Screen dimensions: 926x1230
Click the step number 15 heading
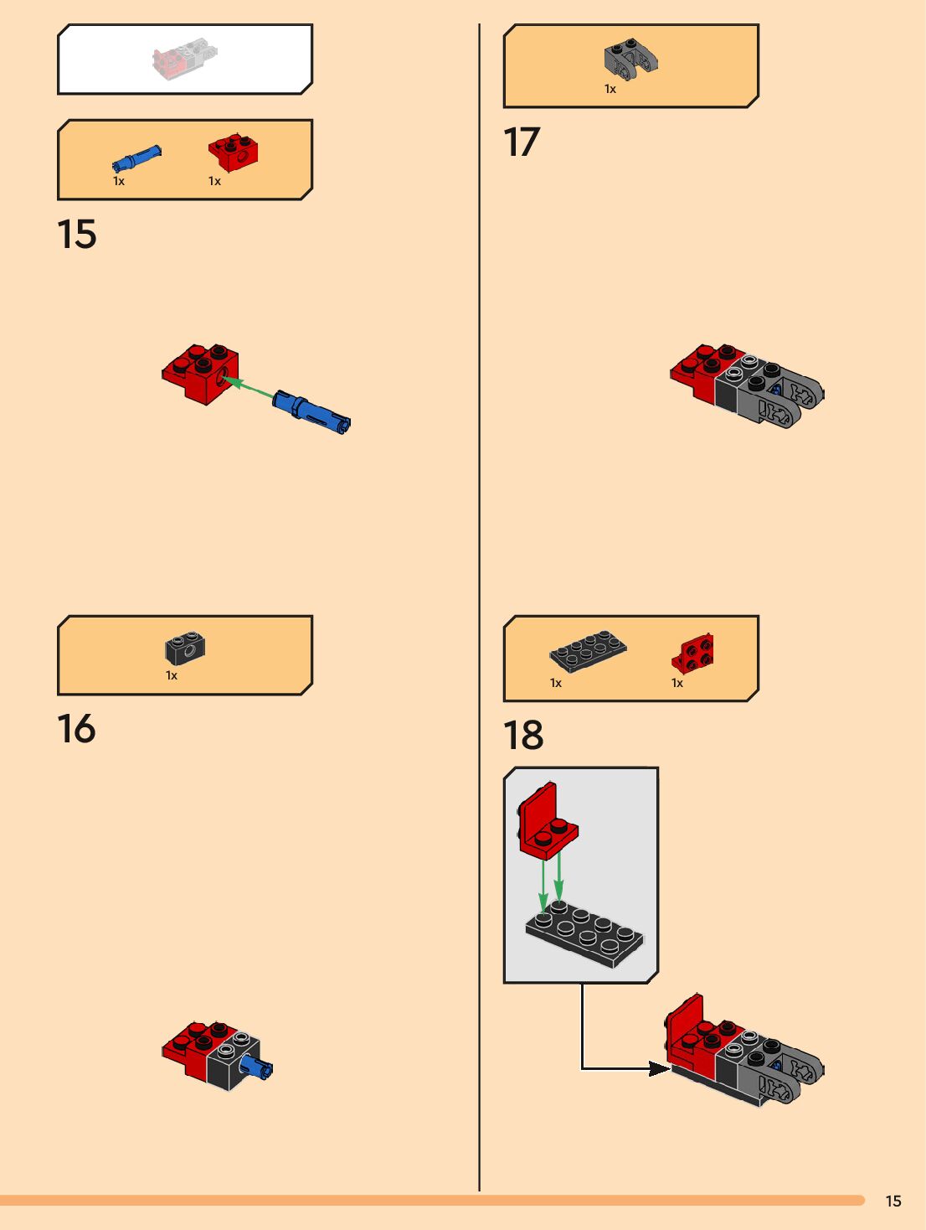coord(76,235)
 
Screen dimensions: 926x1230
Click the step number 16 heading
coord(76,729)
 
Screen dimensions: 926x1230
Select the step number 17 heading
coord(522,142)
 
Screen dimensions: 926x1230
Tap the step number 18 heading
coord(523,736)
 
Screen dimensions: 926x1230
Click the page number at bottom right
coord(893,1201)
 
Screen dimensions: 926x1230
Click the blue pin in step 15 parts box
coord(136,158)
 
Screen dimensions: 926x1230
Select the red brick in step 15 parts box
coord(233,152)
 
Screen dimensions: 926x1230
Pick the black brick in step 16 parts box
coord(185,648)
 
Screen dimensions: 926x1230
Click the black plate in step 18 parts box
coord(588,652)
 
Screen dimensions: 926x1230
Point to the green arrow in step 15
coord(250,388)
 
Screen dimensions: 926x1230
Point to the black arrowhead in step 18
coord(658,1068)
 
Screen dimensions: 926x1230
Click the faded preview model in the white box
coord(185,59)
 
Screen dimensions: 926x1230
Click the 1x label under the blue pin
coord(119,181)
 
